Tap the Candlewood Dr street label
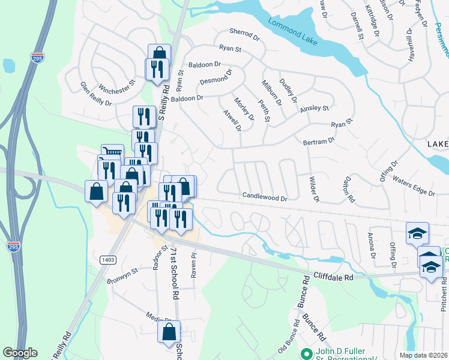pos(265,196)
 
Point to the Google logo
pos(20,353)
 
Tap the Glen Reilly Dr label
pos(96,94)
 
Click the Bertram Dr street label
pos(319,141)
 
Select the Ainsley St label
pos(315,109)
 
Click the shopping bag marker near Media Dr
pos(169,331)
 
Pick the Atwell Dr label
pos(232,120)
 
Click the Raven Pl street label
pos(194,264)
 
